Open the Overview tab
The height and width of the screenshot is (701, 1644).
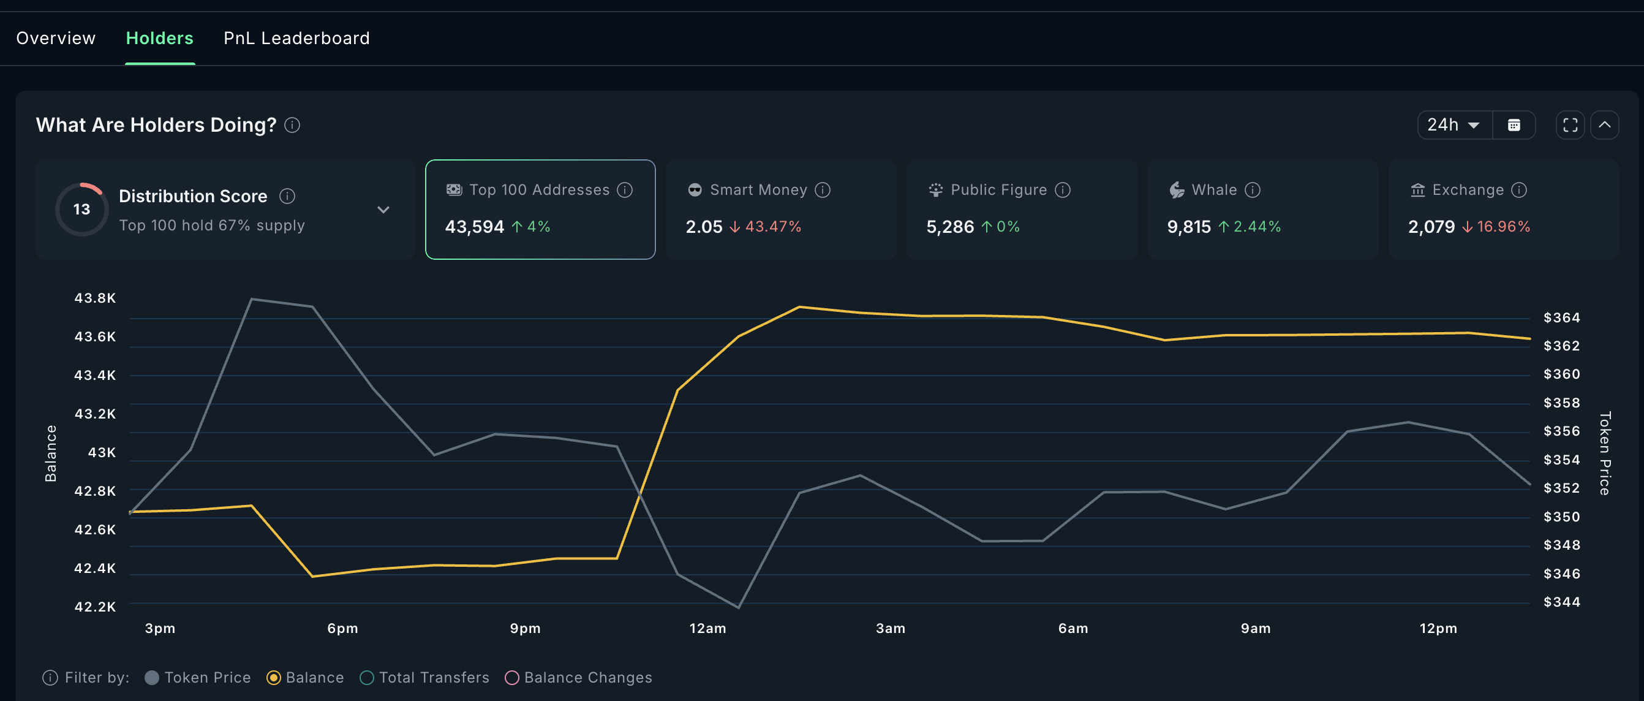56,39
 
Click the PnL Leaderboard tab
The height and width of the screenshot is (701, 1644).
296,39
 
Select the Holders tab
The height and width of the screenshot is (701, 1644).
159,39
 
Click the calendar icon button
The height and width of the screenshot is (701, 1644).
1514,125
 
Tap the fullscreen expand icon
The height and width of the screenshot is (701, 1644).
1570,125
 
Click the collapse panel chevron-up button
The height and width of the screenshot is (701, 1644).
1604,125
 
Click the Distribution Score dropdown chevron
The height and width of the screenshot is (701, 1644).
383,210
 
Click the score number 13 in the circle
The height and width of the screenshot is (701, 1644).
81,210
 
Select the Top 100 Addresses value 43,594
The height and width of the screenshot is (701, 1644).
474,227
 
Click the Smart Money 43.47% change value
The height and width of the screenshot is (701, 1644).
773,227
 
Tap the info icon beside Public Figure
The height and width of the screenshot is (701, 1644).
1063,190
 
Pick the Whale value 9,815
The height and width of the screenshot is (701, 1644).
1188,227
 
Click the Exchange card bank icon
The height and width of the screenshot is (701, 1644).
1417,190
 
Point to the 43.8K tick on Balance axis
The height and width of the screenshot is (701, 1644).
95,298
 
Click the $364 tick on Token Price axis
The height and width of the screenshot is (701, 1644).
1561,318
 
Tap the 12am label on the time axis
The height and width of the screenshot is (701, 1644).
707,628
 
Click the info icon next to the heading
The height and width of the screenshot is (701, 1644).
292,125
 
